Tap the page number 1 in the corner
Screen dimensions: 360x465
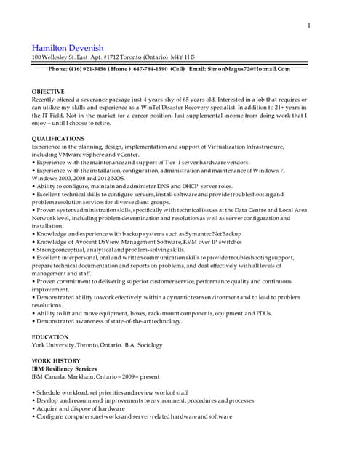[309, 26]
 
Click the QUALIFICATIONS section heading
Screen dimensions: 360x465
[58, 138]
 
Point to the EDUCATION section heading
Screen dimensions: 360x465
[50, 337]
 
